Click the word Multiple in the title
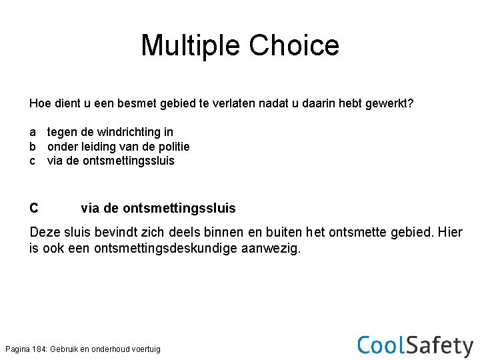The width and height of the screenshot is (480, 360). (x=191, y=45)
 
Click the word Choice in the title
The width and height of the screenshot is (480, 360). (x=294, y=45)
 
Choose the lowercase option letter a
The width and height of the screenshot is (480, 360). (x=33, y=133)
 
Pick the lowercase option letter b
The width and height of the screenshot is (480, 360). (x=33, y=147)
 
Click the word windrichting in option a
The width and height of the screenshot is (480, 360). (x=141, y=133)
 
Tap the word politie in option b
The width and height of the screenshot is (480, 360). (x=172, y=147)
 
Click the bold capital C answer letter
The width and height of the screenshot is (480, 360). (x=34, y=209)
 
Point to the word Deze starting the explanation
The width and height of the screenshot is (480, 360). (x=45, y=233)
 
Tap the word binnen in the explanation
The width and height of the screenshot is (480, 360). (x=229, y=233)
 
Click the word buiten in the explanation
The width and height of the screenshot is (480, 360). (x=287, y=233)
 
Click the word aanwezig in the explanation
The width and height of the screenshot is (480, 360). (x=274, y=249)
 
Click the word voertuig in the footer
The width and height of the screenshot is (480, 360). (x=147, y=349)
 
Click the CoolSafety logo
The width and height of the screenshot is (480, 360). (x=415, y=345)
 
